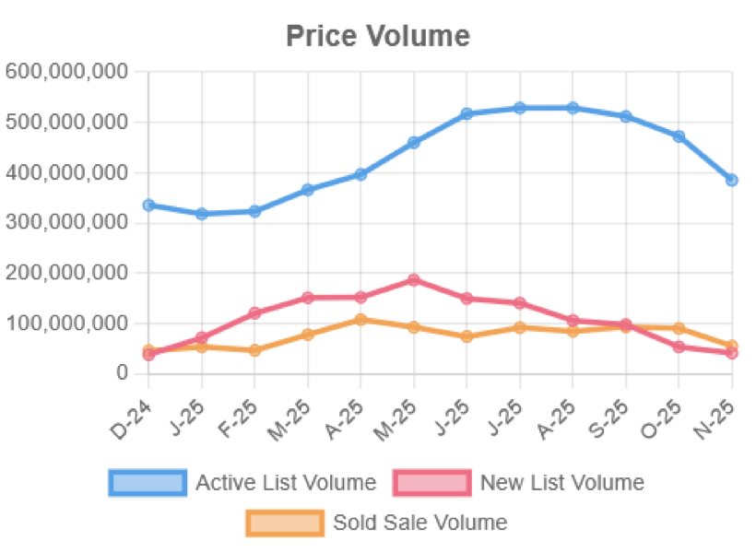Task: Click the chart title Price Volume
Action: pyautogui.click(x=378, y=36)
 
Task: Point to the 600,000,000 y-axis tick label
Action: pyautogui.click(x=65, y=72)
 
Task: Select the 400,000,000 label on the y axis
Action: pyautogui.click(x=65, y=172)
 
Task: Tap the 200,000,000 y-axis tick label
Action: pyautogui.click(x=65, y=273)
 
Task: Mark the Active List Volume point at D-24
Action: pyautogui.click(x=148, y=205)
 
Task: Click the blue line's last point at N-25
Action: pyautogui.click(x=732, y=181)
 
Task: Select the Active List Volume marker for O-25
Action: pyautogui.click(x=679, y=136)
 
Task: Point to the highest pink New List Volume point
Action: pyautogui.click(x=414, y=280)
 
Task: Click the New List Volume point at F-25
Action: pyautogui.click(x=254, y=312)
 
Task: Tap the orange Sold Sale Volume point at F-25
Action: pyautogui.click(x=254, y=350)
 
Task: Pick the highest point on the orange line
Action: pyautogui.click(x=361, y=319)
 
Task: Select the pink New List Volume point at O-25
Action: pyautogui.click(x=679, y=347)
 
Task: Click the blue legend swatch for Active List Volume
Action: pyautogui.click(x=148, y=482)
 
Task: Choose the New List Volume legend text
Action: pyautogui.click(x=561, y=482)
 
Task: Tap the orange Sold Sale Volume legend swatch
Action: pyautogui.click(x=285, y=523)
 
